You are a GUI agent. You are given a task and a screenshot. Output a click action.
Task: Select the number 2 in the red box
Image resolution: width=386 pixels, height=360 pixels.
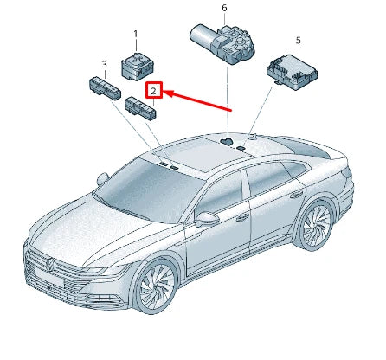tap(153, 90)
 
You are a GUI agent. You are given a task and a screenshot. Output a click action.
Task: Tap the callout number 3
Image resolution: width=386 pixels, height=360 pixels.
tap(104, 64)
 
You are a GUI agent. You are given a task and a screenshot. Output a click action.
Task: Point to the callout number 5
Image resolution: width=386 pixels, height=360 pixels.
tap(298, 40)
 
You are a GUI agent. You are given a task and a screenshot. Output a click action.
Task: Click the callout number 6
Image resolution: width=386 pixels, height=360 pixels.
tap(224, 9)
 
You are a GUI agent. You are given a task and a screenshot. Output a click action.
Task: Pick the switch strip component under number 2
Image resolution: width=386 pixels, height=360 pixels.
tap(140, 107)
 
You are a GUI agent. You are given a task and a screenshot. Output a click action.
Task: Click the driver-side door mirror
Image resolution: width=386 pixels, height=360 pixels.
tap(208, 219)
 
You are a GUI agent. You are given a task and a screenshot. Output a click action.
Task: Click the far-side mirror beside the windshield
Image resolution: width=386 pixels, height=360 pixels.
tap(102, 179)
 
